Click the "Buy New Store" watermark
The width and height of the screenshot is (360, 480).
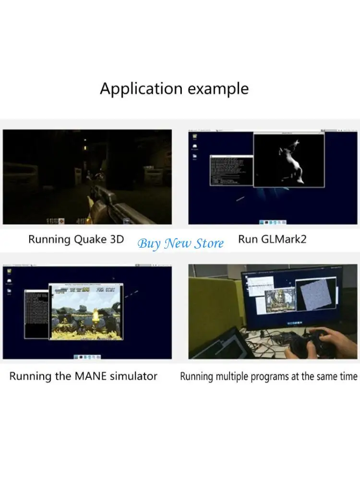coord(180,243)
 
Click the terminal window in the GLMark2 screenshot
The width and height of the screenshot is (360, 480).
coord(231,170)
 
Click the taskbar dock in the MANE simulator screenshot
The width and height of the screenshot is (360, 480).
coord(87,357)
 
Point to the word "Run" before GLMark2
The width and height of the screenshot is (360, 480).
coord(248,239)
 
